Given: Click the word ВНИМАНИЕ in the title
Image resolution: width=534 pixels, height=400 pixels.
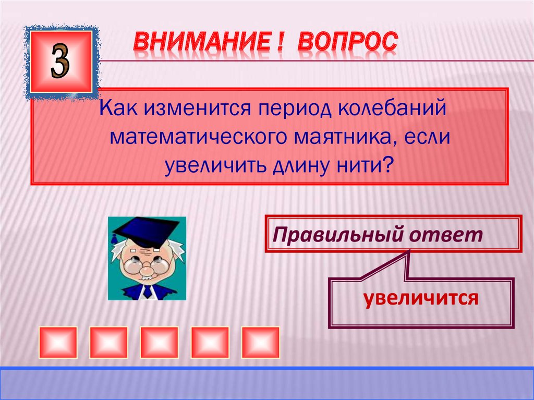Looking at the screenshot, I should coord(204,42).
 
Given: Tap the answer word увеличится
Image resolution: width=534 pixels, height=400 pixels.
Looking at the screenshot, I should coord(421,298).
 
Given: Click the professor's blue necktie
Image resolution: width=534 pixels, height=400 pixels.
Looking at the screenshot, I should coord(148,292).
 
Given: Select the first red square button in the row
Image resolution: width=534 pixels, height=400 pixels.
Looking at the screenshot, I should coord(58,342).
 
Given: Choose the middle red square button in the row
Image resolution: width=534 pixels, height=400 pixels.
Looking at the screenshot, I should coord(159,342).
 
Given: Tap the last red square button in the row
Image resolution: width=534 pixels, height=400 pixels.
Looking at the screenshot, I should coord(260,342).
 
